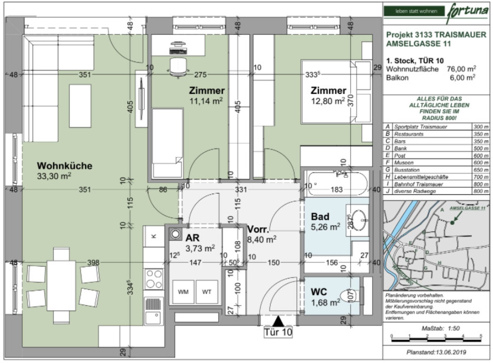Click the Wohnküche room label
(64, 166)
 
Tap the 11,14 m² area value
(206, 101)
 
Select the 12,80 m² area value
(328, 101)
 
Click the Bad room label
(320, 217)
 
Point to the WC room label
(319, 292)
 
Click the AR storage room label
(192, 238)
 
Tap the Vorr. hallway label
(258, 230)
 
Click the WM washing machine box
(183, 292)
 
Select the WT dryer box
(207, 292)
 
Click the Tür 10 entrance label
(278, 332)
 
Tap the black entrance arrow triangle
(278, 321)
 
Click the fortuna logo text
(467, 11)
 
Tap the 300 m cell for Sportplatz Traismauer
(481, 127)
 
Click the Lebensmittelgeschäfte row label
(421, 177)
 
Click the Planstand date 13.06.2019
(436, 353)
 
